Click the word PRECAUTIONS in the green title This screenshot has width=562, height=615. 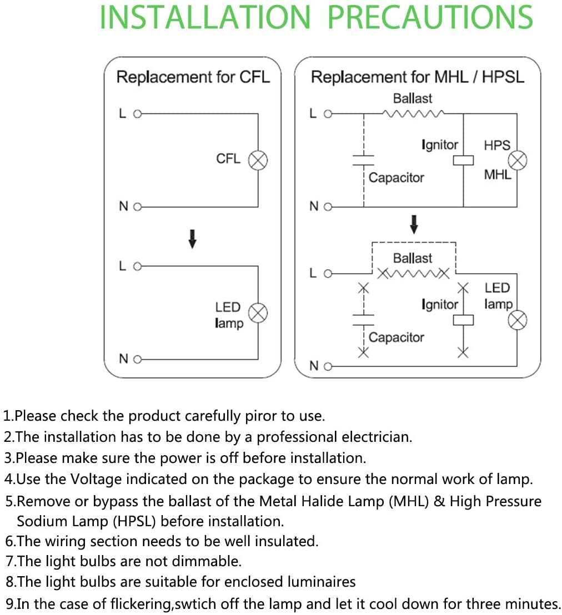click(430, 17)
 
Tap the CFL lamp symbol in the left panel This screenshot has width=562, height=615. click(258, 160)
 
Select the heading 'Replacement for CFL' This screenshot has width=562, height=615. click(193, 77)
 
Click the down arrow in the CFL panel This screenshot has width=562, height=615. click(192, 239)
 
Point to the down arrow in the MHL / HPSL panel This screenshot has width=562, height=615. click(414, 224)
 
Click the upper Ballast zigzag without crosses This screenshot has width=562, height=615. click(413, 114)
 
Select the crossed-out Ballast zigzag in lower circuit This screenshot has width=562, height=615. click(413, 274)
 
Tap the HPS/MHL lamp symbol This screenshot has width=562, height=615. click(518, 160)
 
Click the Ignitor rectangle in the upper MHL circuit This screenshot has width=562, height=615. click(463, 160)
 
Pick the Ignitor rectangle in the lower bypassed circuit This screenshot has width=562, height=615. click(463, 320)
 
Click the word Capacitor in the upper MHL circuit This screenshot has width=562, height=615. click(397, 178)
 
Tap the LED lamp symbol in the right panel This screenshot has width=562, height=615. click(518, 320)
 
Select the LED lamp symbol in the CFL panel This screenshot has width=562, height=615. click(258, 313)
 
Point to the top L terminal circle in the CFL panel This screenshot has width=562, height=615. click(137, 114)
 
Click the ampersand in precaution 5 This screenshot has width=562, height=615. click(439, 502)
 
